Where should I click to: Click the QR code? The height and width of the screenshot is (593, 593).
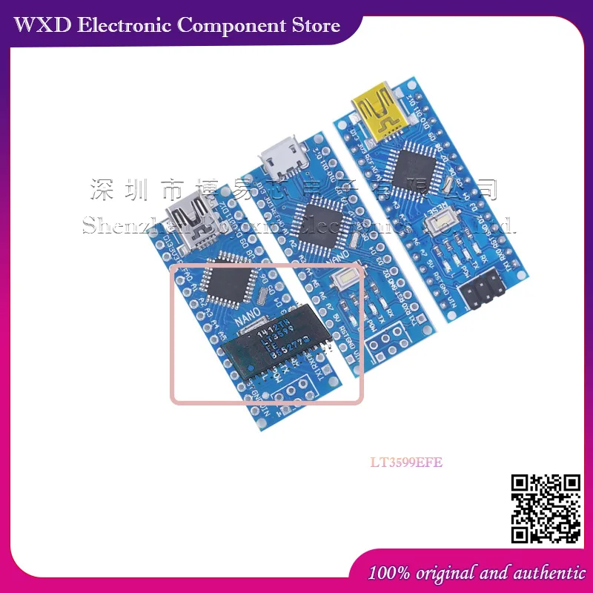(x=547, y=509)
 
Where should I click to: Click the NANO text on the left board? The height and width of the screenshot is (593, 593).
(x=248, y=319)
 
